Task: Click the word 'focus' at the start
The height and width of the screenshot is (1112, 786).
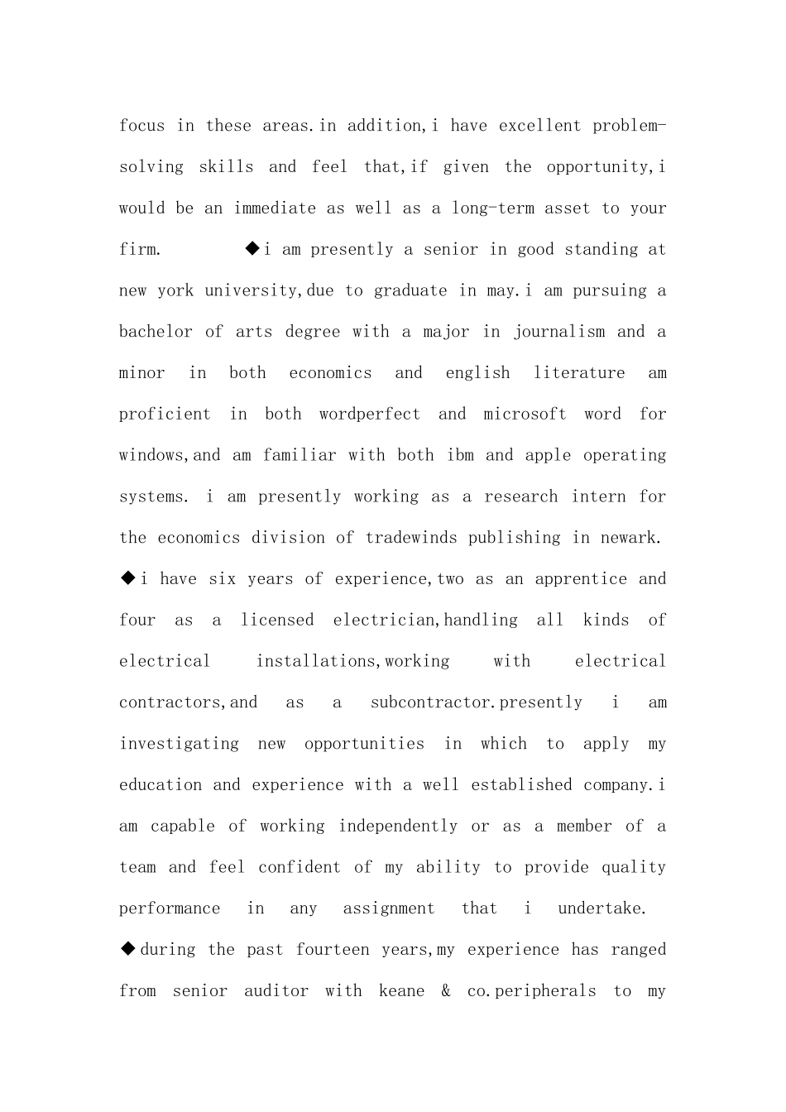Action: [141, 126]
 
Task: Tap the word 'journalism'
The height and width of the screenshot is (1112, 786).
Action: [559, 332]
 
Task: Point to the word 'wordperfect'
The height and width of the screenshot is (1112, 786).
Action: [369, 415]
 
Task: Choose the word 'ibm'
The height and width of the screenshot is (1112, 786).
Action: [460, 456]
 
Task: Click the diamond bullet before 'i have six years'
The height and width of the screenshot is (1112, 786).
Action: [128, 578]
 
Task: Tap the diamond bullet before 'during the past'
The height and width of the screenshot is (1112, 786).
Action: [128, 949]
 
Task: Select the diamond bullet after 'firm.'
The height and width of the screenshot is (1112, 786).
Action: [252, 248]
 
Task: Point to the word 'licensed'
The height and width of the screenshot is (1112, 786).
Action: [277, 621]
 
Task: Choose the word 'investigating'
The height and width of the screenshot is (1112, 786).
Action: [179, 744]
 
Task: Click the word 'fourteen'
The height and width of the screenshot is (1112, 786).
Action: [333, 950]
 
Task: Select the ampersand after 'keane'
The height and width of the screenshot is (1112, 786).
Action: [446, 991]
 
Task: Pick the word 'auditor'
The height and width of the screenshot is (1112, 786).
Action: [276, 991]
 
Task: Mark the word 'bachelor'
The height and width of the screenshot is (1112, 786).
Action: [156, 332]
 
